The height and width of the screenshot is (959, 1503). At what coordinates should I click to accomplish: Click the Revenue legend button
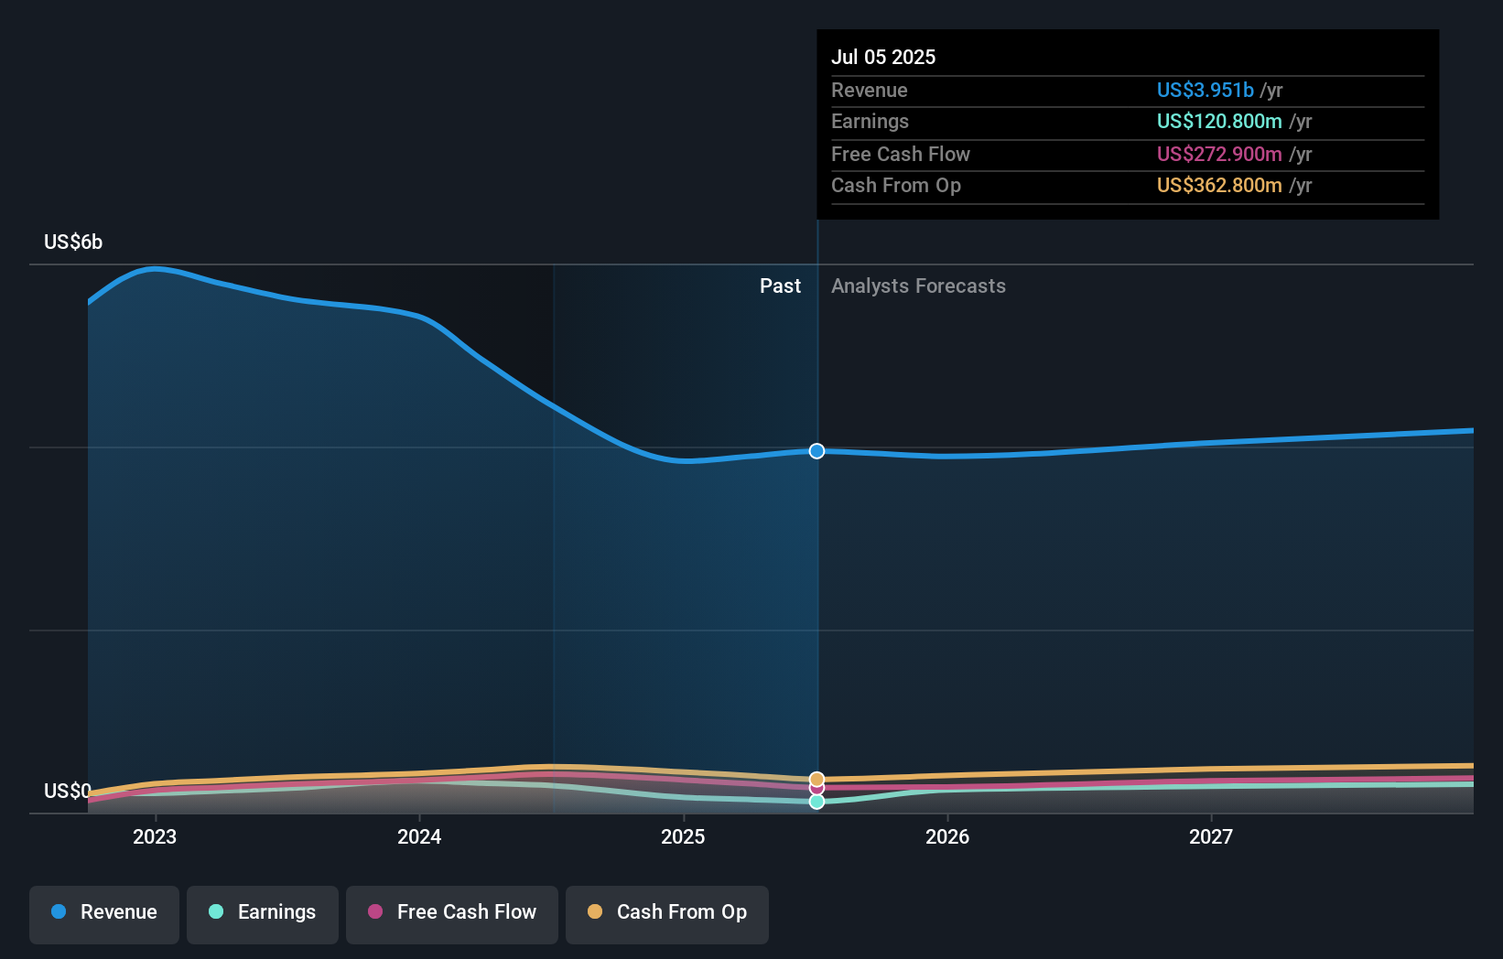pos(104,913)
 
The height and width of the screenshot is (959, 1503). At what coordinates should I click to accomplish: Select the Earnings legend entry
pos(263,913)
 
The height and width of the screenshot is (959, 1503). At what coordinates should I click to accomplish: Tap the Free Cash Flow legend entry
pos(452,913)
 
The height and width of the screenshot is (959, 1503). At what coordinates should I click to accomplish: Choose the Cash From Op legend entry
pos(667,913)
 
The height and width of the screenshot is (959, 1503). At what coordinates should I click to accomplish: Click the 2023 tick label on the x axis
pos(155,836)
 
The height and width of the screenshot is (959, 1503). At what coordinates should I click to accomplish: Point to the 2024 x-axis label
pos(419,836)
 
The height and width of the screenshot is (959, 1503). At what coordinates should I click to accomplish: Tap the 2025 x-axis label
pos(683,836)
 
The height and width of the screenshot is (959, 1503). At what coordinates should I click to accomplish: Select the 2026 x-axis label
pos(947,836)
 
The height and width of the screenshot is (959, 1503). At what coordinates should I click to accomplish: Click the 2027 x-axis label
pos(1211,836)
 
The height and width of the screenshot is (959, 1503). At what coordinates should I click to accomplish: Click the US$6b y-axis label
pos(73,242)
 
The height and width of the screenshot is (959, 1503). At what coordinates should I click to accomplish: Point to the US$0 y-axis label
pos(67,791)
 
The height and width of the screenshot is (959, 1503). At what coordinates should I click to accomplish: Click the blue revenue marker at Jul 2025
pos(816,451)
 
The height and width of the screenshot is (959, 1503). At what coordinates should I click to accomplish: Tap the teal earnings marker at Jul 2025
pos(816,802)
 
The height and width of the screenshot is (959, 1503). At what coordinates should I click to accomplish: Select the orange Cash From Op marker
pos(816,779)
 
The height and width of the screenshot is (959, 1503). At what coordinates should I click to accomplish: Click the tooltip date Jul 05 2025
pos(883,57)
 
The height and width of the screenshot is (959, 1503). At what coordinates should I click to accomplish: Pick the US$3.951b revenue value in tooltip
pos(1205,90)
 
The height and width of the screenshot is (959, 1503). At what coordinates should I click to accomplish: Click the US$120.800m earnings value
pos(1218,122)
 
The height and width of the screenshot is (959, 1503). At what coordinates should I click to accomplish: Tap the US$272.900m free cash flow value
pos(1218,154)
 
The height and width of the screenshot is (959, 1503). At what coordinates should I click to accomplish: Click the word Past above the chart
pos(780,286)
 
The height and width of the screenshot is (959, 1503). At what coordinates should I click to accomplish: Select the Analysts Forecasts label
pos(918,286)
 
